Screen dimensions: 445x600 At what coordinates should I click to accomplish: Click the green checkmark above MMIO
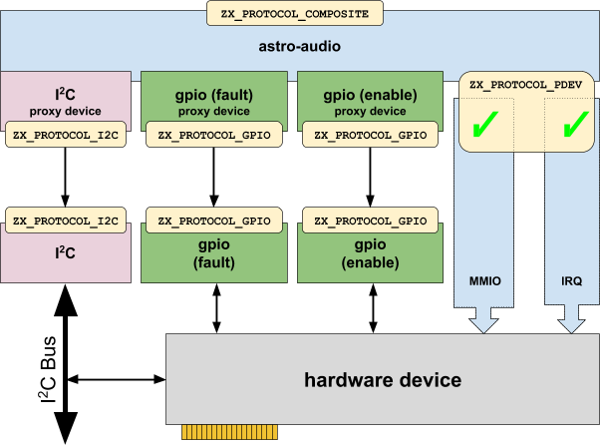pos(484,126)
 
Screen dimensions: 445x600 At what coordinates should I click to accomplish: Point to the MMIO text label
pos(484,282)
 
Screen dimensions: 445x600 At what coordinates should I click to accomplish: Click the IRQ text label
pos(572,282)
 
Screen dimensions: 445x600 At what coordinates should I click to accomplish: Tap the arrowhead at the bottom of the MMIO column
pos(484,321)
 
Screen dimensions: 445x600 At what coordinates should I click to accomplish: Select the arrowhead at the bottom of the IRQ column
pos(572,321)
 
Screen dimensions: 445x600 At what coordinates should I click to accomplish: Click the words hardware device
pos(383,380)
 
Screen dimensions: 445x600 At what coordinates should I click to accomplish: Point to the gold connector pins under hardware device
pos(213,433)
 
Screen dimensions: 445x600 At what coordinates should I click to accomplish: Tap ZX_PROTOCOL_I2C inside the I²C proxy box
pos(66,135)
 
